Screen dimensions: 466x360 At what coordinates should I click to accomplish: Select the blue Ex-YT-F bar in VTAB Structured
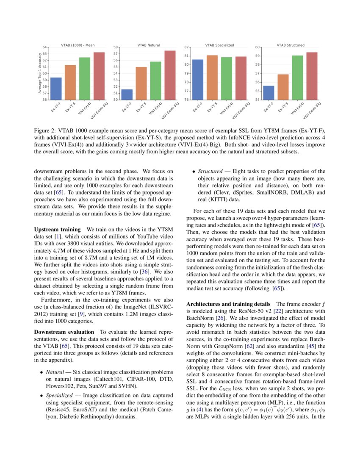[269, 93]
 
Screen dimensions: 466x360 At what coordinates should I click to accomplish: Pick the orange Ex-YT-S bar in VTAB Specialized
[212, 78]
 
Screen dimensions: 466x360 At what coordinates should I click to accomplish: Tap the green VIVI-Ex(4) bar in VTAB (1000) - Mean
[84, 78]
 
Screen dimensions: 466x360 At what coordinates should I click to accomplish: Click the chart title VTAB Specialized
[219, 45]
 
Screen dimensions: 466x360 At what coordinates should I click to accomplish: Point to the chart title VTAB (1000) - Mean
[77, 45]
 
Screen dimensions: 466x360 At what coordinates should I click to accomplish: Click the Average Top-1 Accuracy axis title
[40, 73]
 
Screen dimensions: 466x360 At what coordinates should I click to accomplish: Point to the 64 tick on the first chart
[45, 47]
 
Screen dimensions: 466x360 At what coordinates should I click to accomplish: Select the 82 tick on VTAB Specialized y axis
[186, 47]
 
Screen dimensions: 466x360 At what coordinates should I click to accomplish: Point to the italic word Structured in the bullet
[210, 172]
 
